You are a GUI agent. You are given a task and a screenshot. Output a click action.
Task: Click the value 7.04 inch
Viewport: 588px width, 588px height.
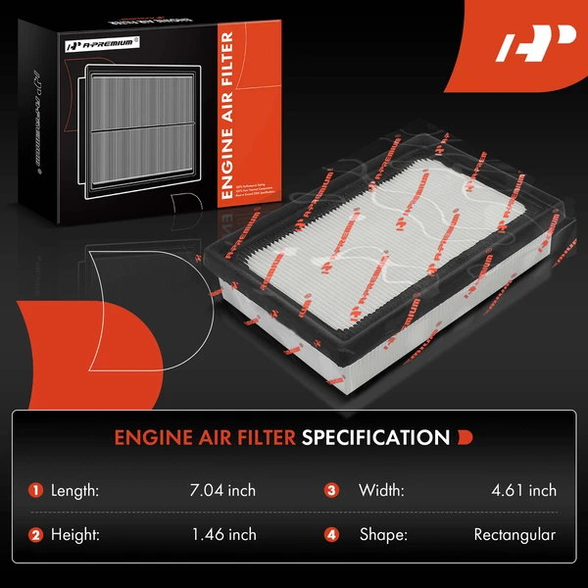pos(224,490)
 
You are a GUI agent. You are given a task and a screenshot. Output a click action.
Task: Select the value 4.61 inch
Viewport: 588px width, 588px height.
pos(525,490)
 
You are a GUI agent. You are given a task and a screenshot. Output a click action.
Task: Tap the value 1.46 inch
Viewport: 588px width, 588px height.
pos(224,534)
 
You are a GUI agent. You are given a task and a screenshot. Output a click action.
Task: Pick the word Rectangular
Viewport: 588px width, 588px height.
pos(514,534)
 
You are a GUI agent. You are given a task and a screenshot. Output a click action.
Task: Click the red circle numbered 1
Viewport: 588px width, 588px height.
pos(36,490)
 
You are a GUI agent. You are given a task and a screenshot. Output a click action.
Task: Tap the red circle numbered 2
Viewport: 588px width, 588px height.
pos(36,535)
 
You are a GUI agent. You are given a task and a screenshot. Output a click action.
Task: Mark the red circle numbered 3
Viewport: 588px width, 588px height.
pos(332,490)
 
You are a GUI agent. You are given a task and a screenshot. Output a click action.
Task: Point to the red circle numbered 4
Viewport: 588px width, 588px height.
pos(332,535)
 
